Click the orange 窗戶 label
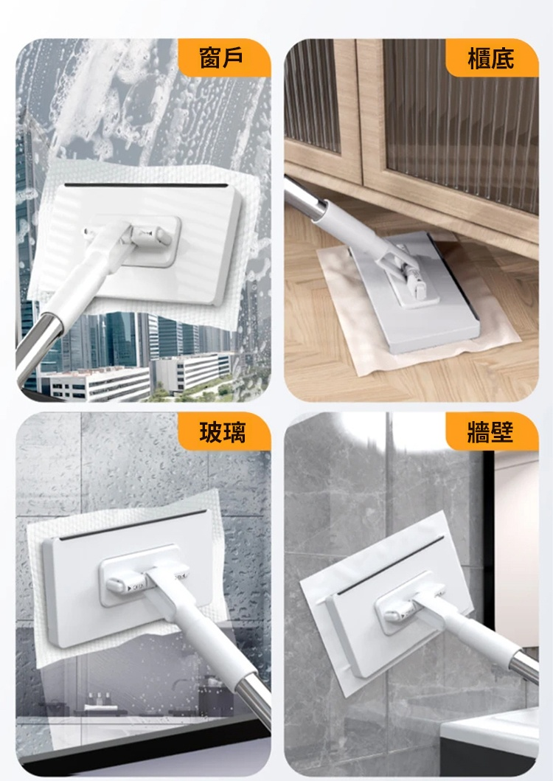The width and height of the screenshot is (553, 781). [224, 58]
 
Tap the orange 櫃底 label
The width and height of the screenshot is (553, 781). [492, 58]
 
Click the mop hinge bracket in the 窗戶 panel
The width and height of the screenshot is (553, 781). [152, 237]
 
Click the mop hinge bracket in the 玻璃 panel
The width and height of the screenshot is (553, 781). [147, 575]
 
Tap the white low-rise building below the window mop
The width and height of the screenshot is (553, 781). [96, 383]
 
